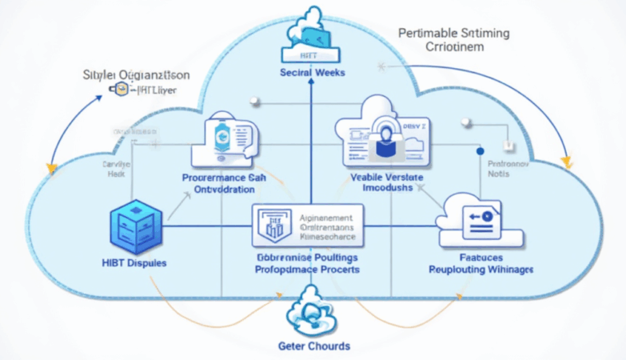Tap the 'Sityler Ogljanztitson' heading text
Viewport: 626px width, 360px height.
[x=136, y=75]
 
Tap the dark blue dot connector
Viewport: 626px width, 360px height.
[x=480, y=150]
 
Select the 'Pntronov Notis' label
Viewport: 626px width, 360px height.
[x=504, y=166]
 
